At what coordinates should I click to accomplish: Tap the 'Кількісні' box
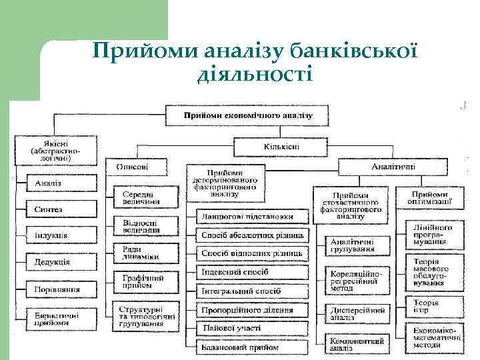(277, 145)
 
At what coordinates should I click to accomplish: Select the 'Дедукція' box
(53, 262)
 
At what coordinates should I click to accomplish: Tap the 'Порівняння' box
(57, 289)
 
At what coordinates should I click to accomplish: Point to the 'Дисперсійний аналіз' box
(357, 313)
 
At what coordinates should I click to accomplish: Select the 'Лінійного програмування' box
(432, 235)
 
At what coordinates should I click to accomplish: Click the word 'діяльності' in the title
(255, 74)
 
